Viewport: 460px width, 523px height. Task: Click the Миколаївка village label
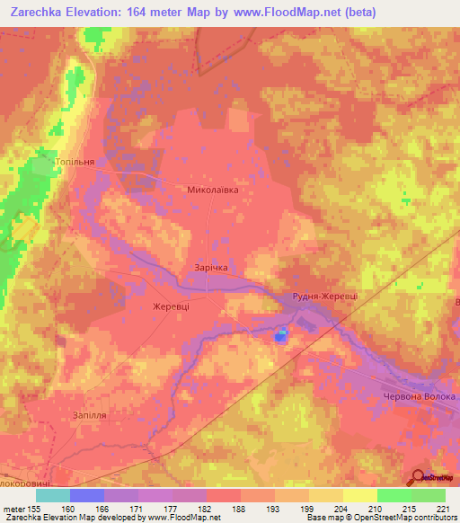(x=213, y=191)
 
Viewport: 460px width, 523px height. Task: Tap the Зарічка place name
(x=212, y=268)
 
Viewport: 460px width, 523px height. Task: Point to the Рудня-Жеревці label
(x=324, y=296)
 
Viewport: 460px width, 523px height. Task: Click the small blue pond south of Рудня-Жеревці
(x=281, y=336)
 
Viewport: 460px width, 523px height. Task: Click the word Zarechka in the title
(x=40, y=12)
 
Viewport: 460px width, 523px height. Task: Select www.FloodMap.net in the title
(x=281, y=12)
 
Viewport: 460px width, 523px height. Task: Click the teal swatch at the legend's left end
(x=53, y=495)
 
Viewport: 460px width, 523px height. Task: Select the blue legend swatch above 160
(x=87, y=495)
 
